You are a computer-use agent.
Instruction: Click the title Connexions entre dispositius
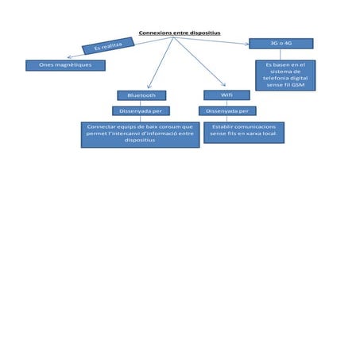click(x=180, y=33)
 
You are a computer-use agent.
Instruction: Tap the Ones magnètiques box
click(x=65, y=65)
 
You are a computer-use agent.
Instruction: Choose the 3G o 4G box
click(x=281, y=43)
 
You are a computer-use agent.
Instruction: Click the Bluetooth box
click(x=141, y=95)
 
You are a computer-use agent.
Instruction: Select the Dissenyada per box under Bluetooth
click(x=141, y=111)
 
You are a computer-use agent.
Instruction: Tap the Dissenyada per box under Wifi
click(x=226, y=111)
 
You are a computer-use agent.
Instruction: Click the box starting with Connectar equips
click(x=140, y=134)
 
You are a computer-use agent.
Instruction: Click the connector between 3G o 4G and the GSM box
click(x=284, y=54)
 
